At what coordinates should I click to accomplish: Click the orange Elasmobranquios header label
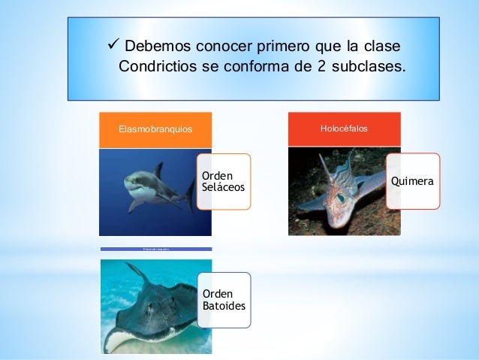(155, 129)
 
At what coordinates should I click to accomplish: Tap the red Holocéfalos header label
(344, 129)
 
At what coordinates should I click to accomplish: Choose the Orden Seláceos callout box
(223, 181)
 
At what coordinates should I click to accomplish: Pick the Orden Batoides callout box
(223, 299)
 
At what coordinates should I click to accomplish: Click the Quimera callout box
(413, 181)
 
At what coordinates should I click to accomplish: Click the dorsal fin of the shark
(158, 170)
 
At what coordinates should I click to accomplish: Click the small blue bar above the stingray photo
(156, 249)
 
